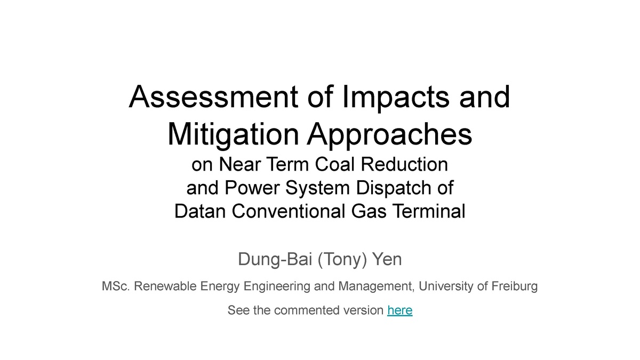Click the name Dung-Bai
tap(272, 260)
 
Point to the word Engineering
tap(276, 287)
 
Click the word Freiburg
tap(514, 287)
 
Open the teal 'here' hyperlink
tap(400, 310)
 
